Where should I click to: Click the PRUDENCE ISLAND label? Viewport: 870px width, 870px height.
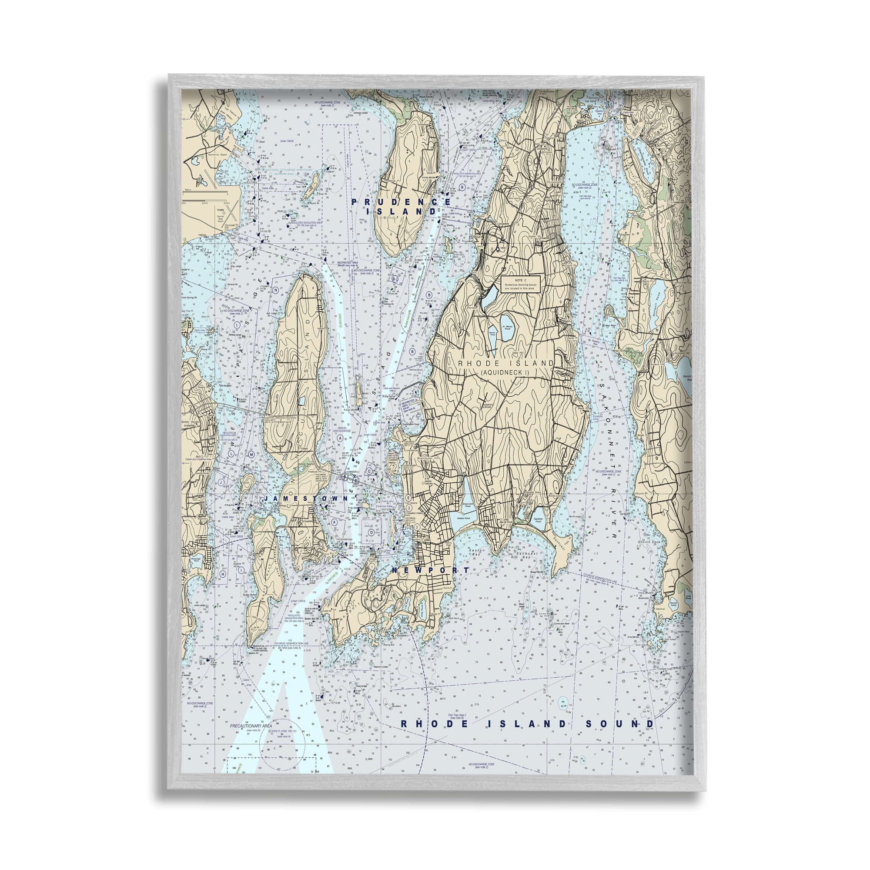click(x=401, y=207)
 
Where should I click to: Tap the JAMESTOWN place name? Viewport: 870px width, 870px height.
click(x=306, y=499)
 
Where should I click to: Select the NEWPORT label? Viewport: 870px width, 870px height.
click(x=430, y=570)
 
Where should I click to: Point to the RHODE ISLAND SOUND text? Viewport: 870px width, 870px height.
click(x=527, y=724)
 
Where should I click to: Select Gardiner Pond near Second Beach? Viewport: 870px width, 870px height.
click(x=539, y=519)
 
